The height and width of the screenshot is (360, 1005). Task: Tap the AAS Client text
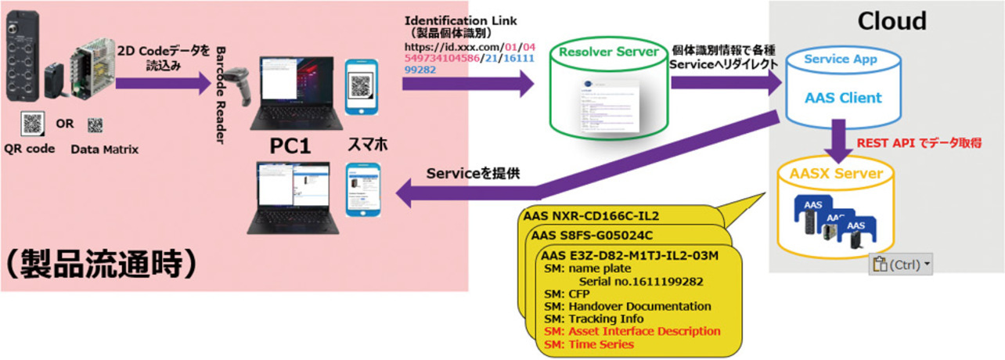coord(843,98)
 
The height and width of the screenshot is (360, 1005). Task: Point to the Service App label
coord(841,59)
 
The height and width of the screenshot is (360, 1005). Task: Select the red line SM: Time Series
coord(589,344)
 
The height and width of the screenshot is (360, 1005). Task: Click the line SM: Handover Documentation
coord(627,306)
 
